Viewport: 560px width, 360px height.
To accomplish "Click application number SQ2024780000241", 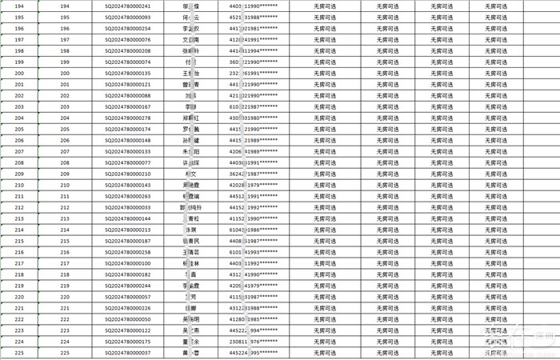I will [x=127, y=6].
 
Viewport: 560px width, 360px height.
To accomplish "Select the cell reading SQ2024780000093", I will [x=127, y=17].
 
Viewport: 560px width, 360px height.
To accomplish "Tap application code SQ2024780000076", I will [x=127, y=39].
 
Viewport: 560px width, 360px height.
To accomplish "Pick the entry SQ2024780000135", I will [x=127, y=73].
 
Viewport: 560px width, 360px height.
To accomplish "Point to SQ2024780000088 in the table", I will [x=127, y=95].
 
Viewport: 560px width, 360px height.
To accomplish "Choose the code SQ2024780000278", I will [x=127, y=118].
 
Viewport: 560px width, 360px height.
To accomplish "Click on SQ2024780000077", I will [x=127, y=162].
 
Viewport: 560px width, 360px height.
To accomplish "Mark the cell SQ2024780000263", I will [x=127, y=196].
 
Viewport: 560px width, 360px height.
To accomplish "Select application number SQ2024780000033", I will [x=127, y=207].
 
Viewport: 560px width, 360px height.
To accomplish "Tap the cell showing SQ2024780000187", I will [x=127, y=241].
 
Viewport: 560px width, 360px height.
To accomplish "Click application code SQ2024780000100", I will [x=127, y=263].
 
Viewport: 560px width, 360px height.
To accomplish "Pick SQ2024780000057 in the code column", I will [x=127, y=297].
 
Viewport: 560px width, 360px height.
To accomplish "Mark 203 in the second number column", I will [x=65, y=106].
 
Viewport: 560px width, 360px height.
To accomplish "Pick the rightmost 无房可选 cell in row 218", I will [x=495, y=274].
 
